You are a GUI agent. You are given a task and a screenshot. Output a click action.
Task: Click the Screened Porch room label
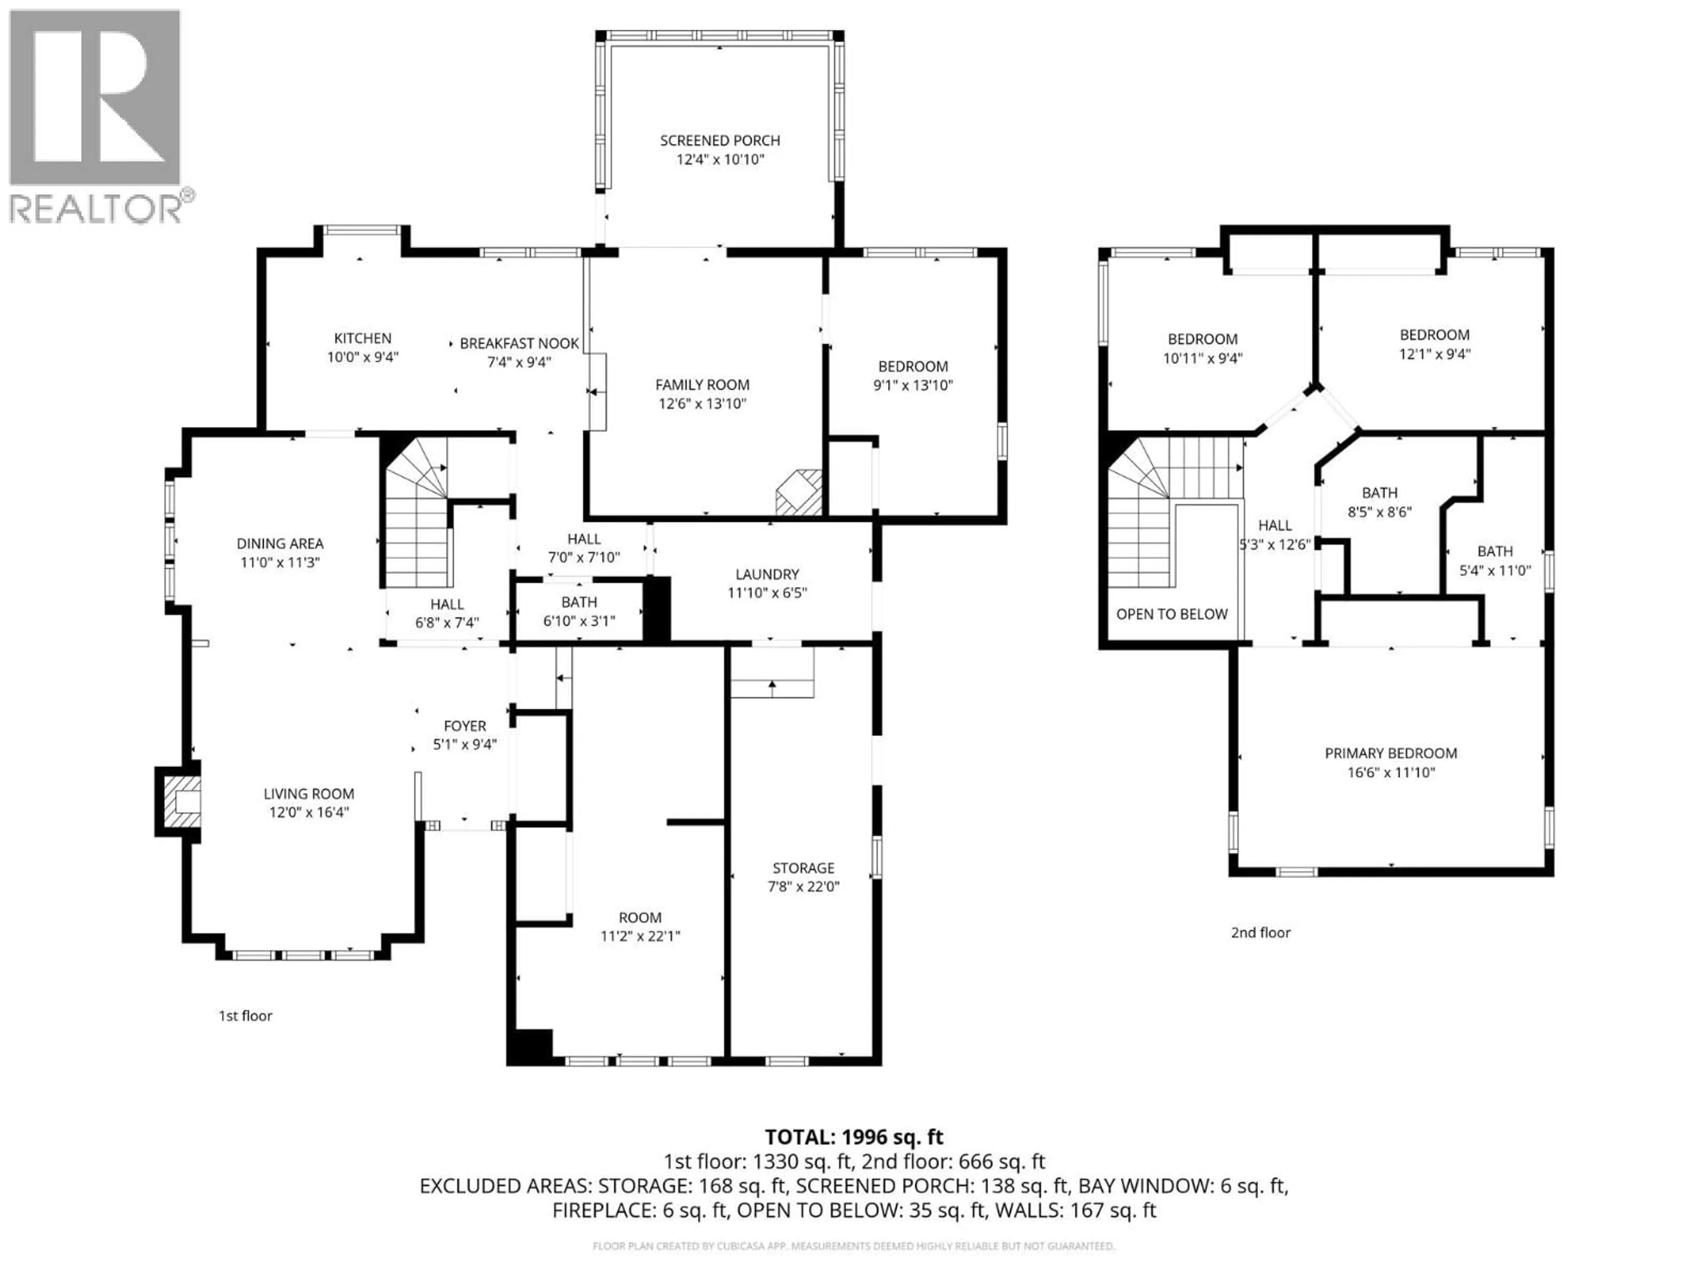point(720,141)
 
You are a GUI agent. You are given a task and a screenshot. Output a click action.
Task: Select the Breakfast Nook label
point(519,344)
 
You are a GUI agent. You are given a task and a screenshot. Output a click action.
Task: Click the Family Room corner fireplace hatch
point(800,493)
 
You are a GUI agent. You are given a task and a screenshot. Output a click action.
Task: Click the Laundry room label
point(767,575)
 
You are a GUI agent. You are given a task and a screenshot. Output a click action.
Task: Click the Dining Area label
point(279,544)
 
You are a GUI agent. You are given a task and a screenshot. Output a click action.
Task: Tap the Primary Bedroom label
point(1391,753)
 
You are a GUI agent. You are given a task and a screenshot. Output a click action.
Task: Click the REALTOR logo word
point(96,209)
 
